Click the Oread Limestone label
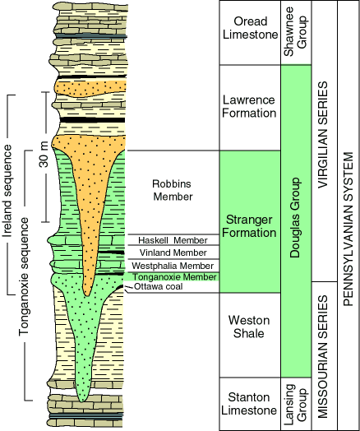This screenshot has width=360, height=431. click(x=250, y=28)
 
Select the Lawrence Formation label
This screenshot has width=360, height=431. click(x=249, y=106)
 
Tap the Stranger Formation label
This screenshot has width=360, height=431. click(x=249, y=226)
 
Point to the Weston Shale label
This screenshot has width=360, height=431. click(x=249, y=327)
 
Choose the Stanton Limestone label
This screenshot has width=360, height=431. click(x=249, y=404)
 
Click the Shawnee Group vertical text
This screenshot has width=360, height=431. click(x=295, y=32)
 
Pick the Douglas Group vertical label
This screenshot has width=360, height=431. click(x=295, y=217)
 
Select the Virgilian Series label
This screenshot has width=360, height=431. click(x=323, y=135)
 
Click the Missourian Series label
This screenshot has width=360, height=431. click(x=323, y=356)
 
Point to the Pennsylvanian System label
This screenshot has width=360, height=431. click(x=348, y=229)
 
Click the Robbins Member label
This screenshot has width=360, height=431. click(x=173, y=190)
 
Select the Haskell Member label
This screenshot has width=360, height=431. click(x=173, y=240)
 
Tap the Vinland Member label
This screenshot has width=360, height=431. click(x=173, y=253)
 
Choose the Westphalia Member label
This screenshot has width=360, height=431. click(x=173, y=266)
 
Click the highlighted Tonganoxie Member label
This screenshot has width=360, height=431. click(x=174, y=276)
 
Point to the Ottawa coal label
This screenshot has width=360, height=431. click(x=158, y=287)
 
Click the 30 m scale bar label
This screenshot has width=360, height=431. click(x=44, y=154)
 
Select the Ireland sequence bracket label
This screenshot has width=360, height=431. click(x=7, y=191)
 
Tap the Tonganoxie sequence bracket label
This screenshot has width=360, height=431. click(x=24, y=276)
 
